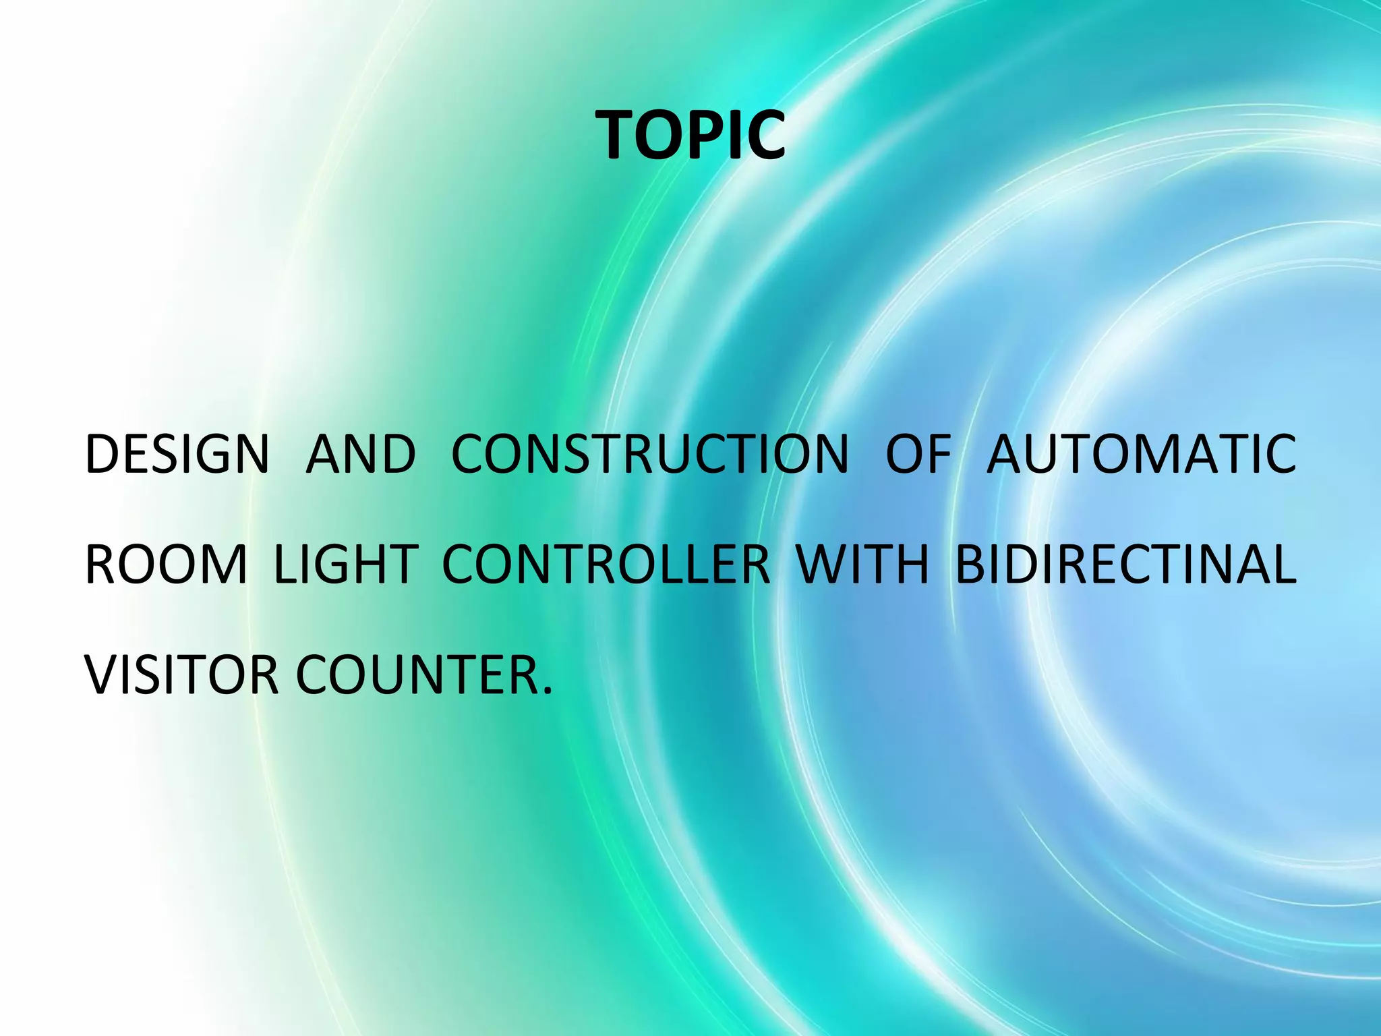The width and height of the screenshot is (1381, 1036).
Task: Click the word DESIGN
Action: coord(177,454)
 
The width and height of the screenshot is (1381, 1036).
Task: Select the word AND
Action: coord(361,454)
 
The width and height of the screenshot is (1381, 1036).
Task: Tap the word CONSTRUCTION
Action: coord(649,454)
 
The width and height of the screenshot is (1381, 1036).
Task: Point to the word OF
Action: coord(918,454)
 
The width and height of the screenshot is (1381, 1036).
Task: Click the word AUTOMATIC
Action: coord(1141,454)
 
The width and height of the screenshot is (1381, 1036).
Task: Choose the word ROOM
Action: coord(166,565)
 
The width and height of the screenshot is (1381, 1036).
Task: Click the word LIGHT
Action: coord(346,565)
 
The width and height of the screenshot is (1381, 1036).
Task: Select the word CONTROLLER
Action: coord(606,565)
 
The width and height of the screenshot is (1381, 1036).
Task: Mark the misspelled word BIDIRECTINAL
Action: coord(1125,565)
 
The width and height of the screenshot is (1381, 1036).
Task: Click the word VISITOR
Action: coord(181,675)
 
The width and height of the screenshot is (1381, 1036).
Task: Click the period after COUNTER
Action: coord(546,692)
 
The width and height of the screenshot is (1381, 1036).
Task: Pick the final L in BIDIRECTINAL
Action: coord(1282,565)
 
